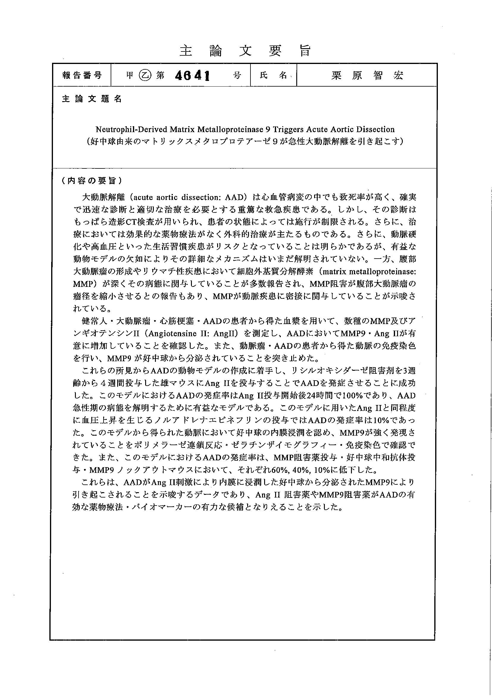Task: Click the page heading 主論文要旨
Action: coord(245,51)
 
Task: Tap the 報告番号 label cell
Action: coord(82,75)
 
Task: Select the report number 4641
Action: coord(193,76)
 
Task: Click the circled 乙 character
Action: coord(144,76)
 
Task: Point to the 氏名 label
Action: coord(273,75)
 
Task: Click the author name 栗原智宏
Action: coord(367,75)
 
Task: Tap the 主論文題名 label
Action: coord(92,99)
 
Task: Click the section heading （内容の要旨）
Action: coord(92,181)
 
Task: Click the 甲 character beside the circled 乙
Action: coord(130,76)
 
